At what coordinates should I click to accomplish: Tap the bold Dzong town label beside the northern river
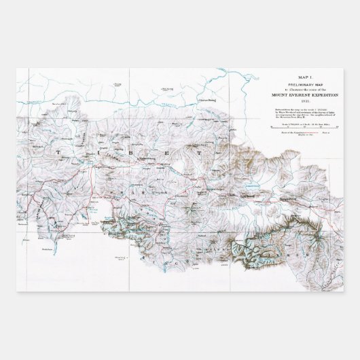click(x=208, y=101)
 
